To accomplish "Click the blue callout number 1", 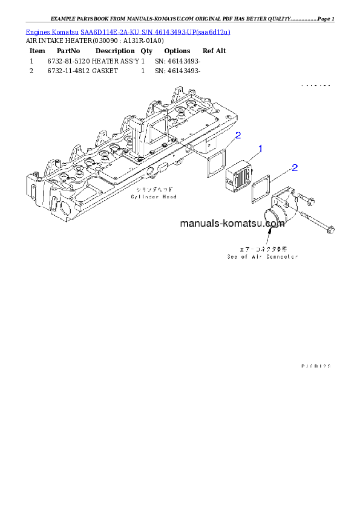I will click(x=260, y=148).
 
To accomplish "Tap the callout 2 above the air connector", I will click(x=294, y=167).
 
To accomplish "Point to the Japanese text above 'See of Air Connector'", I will click(x=261, y=248).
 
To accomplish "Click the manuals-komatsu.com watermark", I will click(x=232, y=224).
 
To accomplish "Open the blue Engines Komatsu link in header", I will click(x=128, y=31).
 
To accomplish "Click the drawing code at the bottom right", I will click(x=316, y=366).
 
